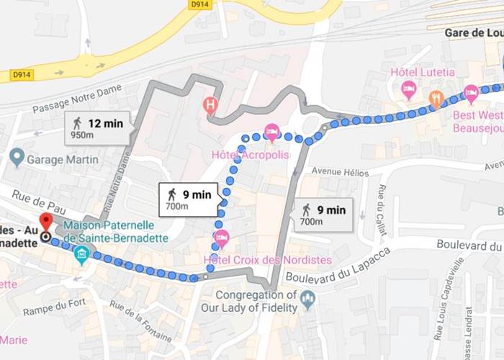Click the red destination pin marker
click(x=46, y=221)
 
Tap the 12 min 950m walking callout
click(x=98, y=127)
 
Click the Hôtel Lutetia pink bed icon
click(x=409, y=91)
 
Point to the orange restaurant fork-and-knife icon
click(x=436, y=99)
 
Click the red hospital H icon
click(x=210, y=105)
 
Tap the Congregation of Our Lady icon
click(x=308, y=299)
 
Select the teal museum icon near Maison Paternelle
click(x=82, y=253)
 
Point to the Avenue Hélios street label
click(x=338, y=172)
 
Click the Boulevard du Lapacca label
click(x=338, y=265)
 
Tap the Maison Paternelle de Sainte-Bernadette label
click(x=115, y=230)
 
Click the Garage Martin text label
click(x=63, y=159)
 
